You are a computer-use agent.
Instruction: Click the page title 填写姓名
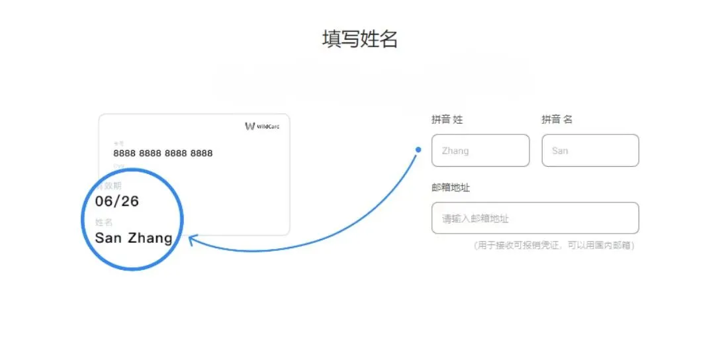pyautogui.click(x=359, y=39)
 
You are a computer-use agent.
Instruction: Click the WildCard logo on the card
pyautogui.click(x=261, y=126)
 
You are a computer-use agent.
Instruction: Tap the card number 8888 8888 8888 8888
pyautogui.click(x=163, y=153)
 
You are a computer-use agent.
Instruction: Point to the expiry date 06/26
pyautogui.click(x=117, y=201)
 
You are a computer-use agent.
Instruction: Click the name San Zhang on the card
pyautogui.click(x=134, y=238)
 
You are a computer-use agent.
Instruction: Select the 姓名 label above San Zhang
pyautogui.click(x=104, y=222)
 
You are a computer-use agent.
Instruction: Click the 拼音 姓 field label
pyautogui.click(x=447, y=119)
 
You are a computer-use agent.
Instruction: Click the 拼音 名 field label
pyautogui.click(x=557, y=119)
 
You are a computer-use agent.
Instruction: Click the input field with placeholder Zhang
pyautogui.click(x=480, y=150)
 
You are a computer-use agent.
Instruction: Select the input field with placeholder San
pyautogui.click(x=590, y=150)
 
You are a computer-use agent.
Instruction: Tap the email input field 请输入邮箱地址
pyautogui.click(x=535, y=218)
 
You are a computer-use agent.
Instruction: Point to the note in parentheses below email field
pyautogui.click(x=554, y=246)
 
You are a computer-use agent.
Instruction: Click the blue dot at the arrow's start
pyautogui.click(x=418, y=150)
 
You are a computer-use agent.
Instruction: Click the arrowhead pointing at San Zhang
pyautogui.click(x=192, y=239)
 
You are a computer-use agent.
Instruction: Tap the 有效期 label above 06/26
pyautogui.click(x=109, y=186)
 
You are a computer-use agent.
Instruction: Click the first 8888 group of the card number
pyautogui.click(x=124, y=153)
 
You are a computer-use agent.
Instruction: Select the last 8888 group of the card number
pyautogui.click(x=201, y=153)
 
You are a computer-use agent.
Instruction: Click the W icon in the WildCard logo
pyautogui.click(x=250, y=126)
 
